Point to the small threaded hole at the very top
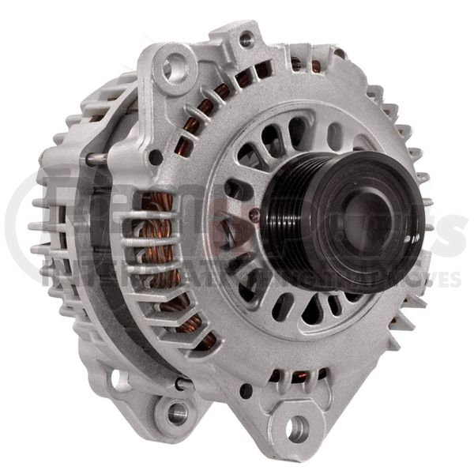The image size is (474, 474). (246, 37)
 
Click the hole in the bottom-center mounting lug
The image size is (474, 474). (298, 429)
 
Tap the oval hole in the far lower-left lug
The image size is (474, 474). (121, 379)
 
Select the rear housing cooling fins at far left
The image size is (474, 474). (43, 229)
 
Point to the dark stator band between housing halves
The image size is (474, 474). (103, 261)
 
